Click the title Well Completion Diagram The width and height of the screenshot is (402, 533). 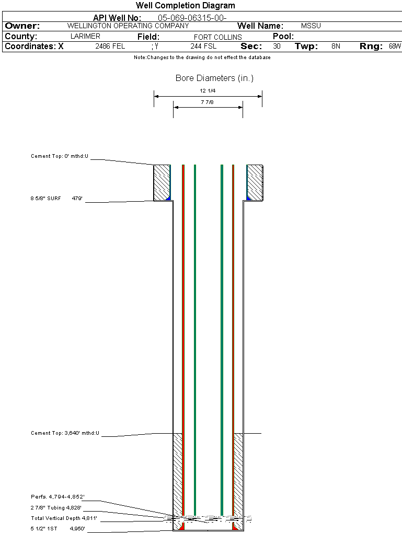[186, 5]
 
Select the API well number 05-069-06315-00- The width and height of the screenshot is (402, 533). [192, 18]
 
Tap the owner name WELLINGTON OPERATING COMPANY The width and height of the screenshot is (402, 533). [128, 26]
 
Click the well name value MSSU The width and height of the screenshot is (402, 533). [311, 26]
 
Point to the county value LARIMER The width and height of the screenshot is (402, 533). [85, 37]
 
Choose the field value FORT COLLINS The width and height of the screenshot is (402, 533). [217, 37]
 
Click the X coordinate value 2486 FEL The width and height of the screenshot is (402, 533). [110, 46]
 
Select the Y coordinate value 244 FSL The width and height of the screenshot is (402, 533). [203, 46]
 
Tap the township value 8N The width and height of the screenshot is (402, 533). [336, 46]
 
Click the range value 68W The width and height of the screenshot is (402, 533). [395, 46]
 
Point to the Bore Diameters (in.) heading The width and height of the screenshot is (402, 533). [215, 78]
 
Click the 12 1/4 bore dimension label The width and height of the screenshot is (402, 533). [208, 91]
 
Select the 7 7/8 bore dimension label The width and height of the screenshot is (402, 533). [207, 102]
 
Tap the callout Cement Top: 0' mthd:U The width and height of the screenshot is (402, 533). [60, 156]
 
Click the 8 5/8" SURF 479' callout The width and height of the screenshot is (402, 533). [56, 198]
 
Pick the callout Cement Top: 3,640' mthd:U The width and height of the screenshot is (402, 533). [65, 433]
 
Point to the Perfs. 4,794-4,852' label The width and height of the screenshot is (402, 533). [58, 496]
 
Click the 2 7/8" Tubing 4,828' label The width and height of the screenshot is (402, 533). [56, 507]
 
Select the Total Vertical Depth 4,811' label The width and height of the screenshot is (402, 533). [64, 518]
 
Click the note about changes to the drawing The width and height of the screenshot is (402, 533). [202, 57]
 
